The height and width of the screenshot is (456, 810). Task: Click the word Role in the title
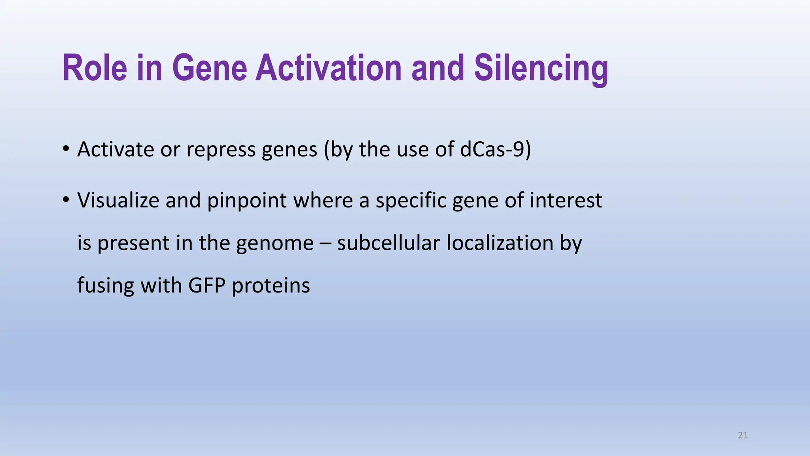[x=95, y=68]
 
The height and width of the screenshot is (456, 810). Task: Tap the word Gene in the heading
[x=210, y=68]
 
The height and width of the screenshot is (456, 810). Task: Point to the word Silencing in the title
[x=541, y=68]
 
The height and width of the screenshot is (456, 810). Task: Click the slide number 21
[x=743, y=435]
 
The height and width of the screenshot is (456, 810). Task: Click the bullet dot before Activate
[x=66, y=149]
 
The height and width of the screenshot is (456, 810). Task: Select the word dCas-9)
[x=496, y=150]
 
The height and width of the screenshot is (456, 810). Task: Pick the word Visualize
[x=117, y=200]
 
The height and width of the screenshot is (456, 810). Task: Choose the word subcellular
[x=388, y=243]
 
